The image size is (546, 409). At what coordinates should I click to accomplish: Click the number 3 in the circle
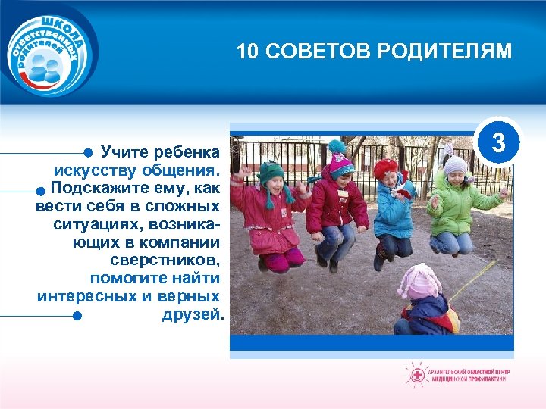coord(497,142)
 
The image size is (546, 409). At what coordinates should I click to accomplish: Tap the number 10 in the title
coord(246,52)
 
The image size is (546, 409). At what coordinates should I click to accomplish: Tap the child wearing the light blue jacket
coord(393,208)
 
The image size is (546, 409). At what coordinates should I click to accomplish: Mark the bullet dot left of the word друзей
coord(76,315)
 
